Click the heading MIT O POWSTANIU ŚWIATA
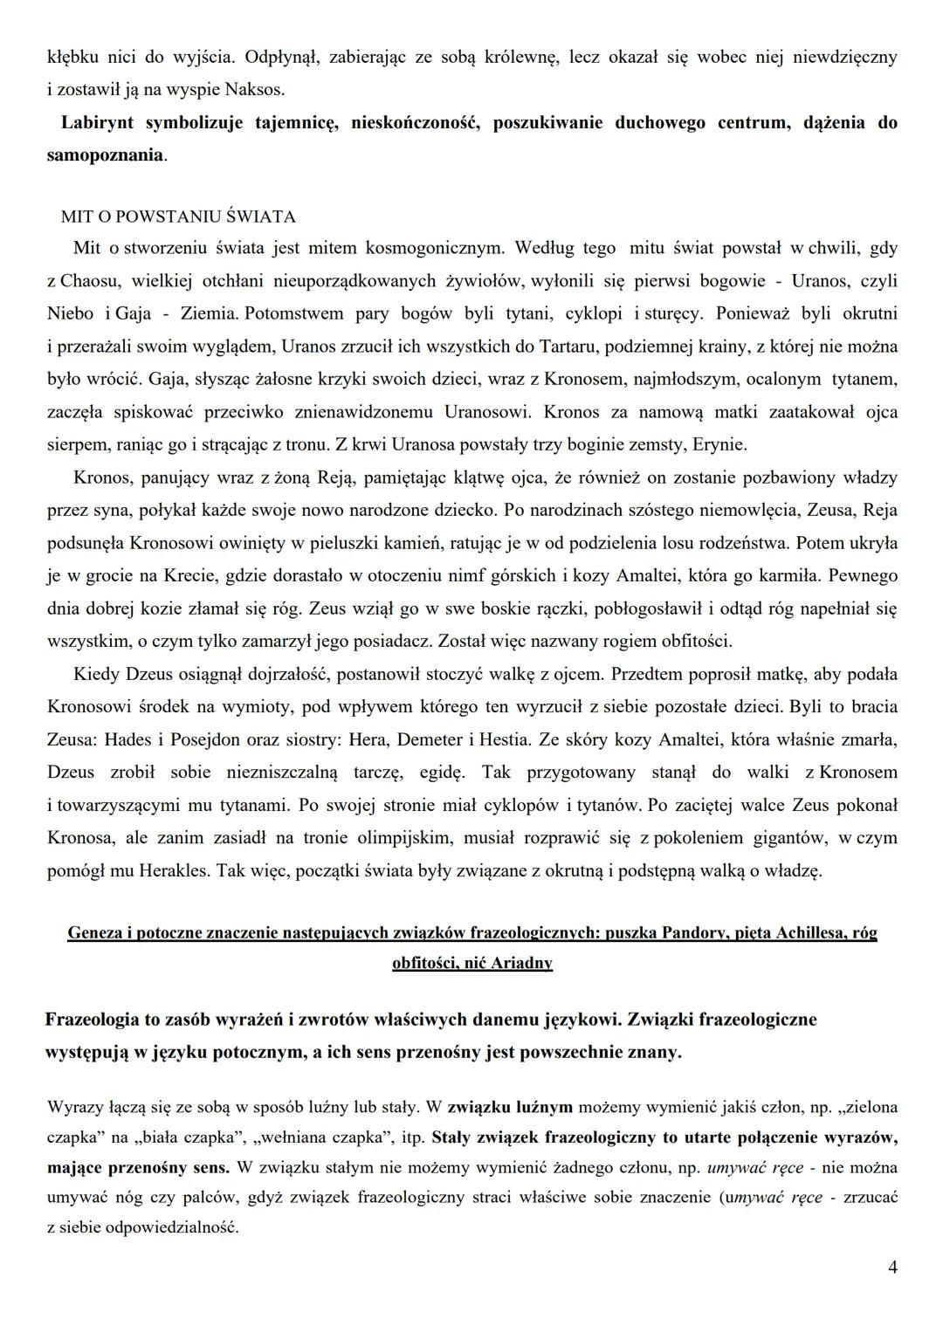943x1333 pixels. [178, 216]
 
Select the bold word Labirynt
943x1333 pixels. [97, 122]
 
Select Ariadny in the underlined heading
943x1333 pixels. [521, 964]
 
